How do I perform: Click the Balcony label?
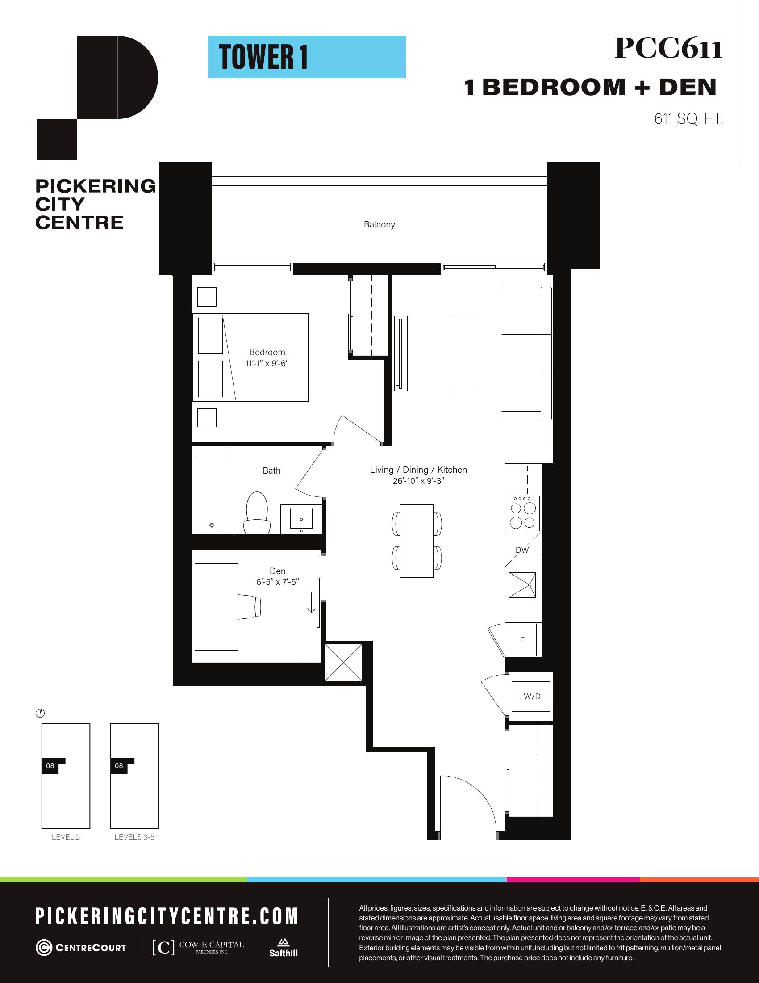tap(379, 224)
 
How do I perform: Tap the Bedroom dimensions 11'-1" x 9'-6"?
tap(267, 363)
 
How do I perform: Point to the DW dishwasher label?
tap(522, 550)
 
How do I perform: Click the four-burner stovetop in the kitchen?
tap(522, 514)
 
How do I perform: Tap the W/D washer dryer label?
tap(532, 696)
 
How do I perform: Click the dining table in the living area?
tap(417, 541)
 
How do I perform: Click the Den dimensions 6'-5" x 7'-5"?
tap(278, 582)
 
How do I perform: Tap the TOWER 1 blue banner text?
tap(263, 57)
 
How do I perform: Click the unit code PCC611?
tap(668, 48)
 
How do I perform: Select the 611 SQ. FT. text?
tap(688, 119)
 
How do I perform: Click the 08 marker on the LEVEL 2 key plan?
tap(50, 765)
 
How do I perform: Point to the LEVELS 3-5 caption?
tap(134, 837)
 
